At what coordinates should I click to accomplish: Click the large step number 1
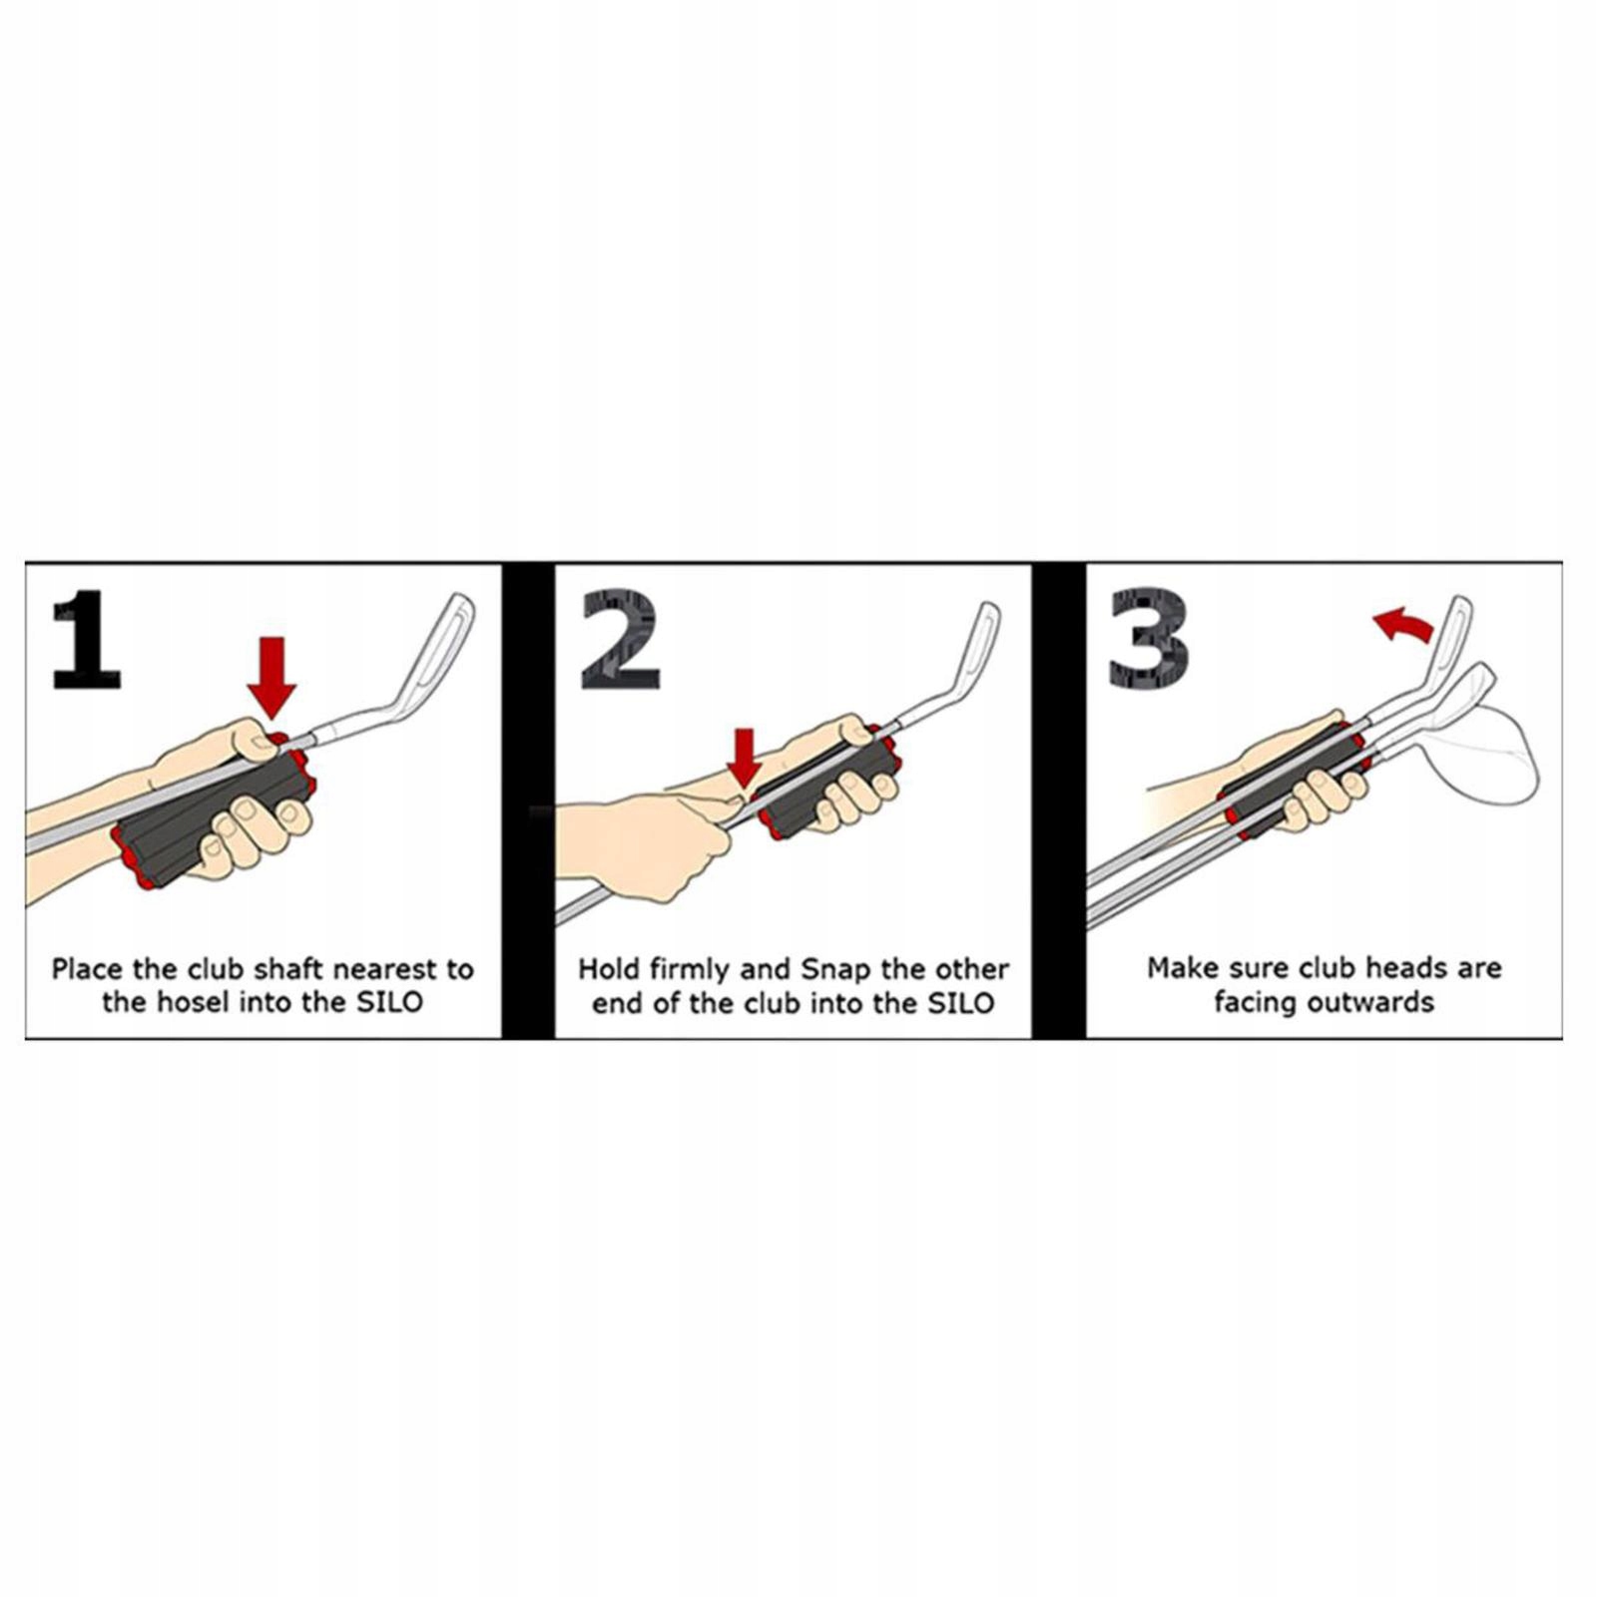point(88,639)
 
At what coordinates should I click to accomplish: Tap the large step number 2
point(620,639)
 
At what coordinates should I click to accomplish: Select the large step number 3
point(1149,639)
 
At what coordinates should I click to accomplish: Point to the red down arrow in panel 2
point(744,758)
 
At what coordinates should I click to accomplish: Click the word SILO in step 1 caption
point(389,1001)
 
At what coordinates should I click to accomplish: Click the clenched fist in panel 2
point(649,838)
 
